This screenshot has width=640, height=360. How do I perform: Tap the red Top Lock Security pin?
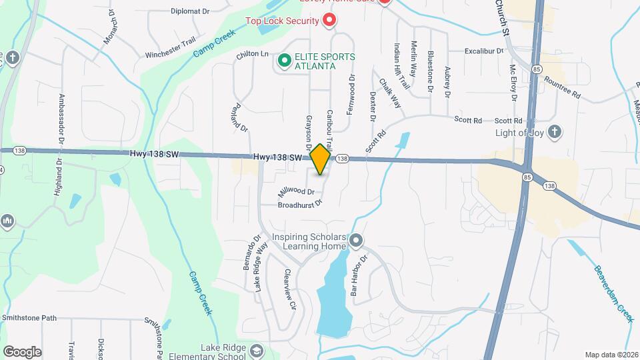click(329, 21)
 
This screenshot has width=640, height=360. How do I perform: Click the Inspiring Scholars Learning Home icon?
click(357, 239)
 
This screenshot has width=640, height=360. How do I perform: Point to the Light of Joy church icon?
click(553, 131)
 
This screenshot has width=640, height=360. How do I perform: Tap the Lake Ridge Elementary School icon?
click(256, 350)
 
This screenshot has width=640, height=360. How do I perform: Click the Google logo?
click(22, 351)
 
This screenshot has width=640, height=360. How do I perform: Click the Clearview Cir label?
click(289, 290)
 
